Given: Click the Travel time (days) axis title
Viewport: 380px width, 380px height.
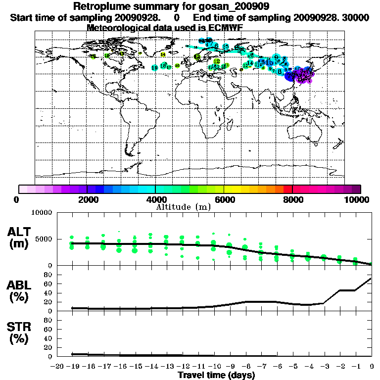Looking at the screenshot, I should pos(216,375).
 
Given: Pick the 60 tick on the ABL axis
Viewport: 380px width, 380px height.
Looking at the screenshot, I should pos(48,284).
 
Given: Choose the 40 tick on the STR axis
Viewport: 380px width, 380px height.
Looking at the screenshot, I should pos(48,338).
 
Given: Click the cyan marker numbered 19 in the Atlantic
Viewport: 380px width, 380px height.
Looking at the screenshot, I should pos(154,67).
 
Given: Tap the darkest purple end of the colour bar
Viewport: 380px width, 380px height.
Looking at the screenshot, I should pos(356,189).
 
